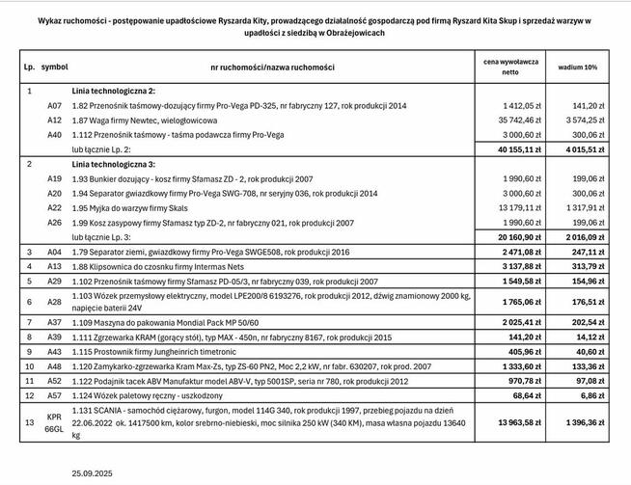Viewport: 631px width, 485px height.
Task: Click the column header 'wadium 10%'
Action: pos(577,67)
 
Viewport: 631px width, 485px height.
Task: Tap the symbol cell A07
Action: pos(55,105)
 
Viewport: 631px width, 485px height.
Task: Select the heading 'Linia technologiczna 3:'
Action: pos(120,165)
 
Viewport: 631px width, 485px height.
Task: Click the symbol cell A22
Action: pos(55,207)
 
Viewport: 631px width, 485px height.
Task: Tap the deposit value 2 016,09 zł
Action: pos(580,236)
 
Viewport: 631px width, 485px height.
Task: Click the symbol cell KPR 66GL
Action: pos(55,423)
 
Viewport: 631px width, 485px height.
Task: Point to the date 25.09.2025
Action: pos(93,473)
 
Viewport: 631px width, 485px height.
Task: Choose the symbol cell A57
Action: pos(55,396)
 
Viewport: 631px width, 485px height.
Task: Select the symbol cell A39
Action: pos(55,337)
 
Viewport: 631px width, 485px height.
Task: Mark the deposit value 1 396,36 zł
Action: pos(580,423)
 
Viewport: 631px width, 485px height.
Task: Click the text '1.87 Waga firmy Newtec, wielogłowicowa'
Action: pos(145,121)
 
